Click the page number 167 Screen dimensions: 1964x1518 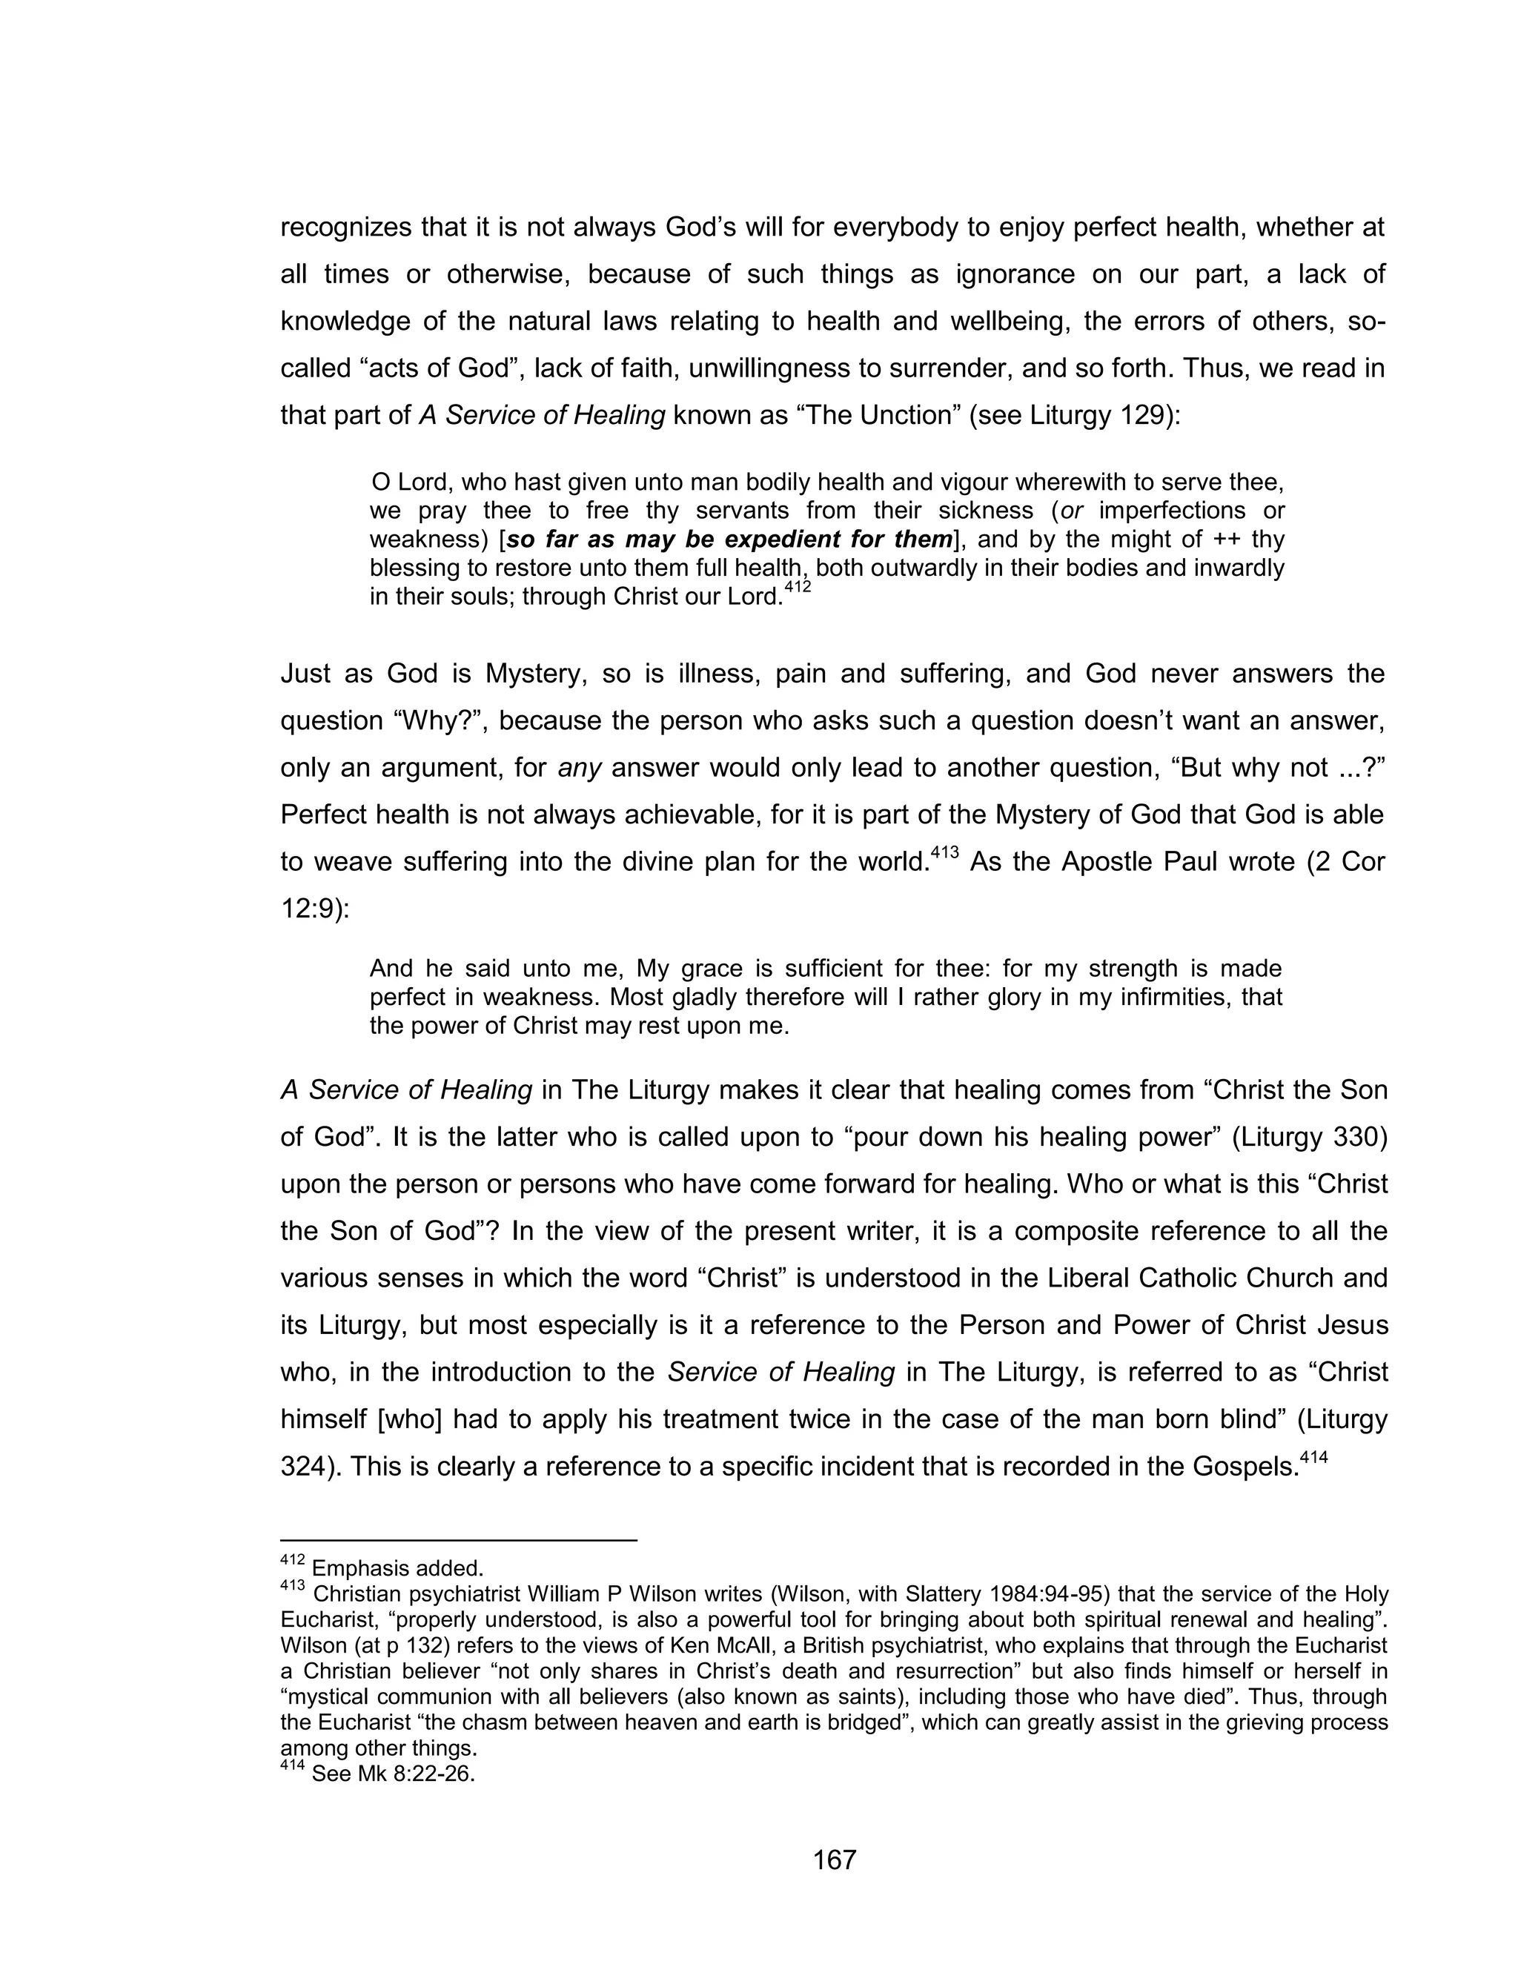point(835,1860)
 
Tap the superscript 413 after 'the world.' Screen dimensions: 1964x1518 point(944,852)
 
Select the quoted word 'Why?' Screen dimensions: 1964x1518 point(434,720)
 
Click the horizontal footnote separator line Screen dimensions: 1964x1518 point(459,1541)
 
